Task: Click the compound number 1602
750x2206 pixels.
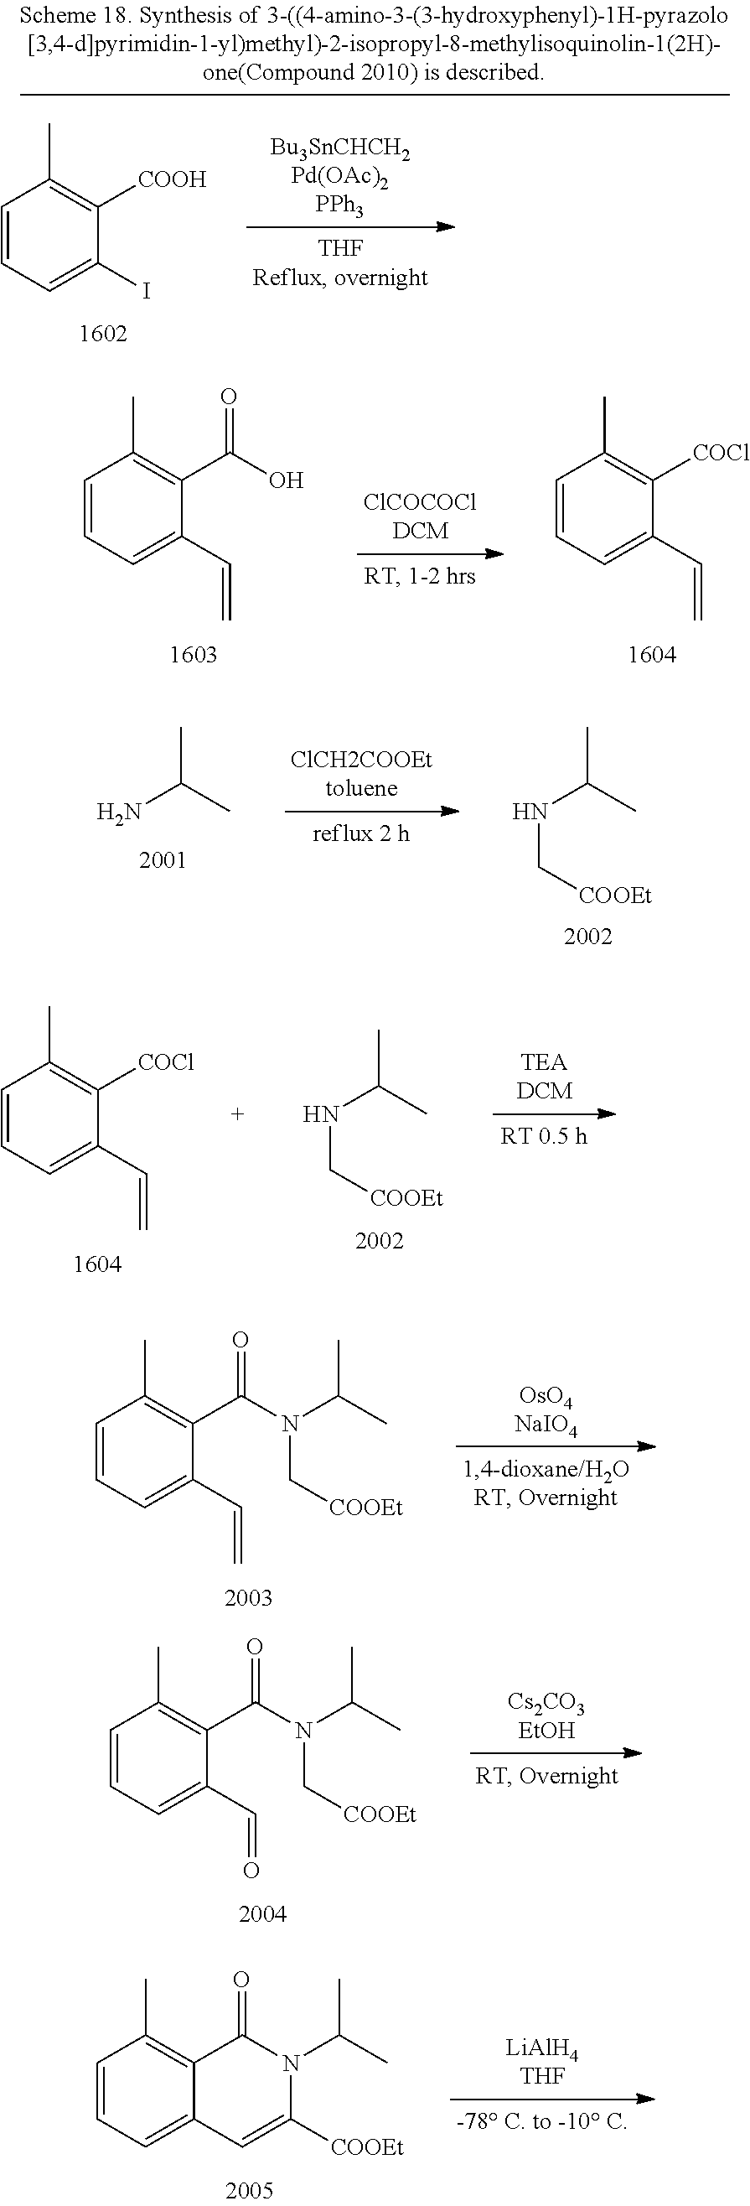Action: (x=103, y=334)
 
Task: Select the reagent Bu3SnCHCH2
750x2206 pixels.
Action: (x=340, y=148)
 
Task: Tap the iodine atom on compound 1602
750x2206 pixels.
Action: (x=147, y=291)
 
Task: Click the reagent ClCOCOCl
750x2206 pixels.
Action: (x=420, y=502)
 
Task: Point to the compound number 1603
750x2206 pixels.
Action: (x=193, y=655)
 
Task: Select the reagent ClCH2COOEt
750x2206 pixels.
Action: (x=361, y=760)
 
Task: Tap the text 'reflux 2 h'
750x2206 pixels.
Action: (x=361, y=833)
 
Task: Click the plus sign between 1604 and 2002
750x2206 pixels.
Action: (x=237, y=1113)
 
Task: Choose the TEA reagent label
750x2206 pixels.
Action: (x=544, y=1062)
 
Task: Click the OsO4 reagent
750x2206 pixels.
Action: (x=546, y=1399)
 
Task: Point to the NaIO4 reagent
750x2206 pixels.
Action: (x=546, y=1426)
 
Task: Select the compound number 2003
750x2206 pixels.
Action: (x=248, y=1597)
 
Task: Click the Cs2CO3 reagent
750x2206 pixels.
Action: (x=546, y=1701)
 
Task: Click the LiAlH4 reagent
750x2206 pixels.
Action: (x=542, y=2049)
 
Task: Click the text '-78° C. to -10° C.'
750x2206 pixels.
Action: (x=542, y=2122)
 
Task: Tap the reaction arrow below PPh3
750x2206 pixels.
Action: (x=350, y=227)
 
